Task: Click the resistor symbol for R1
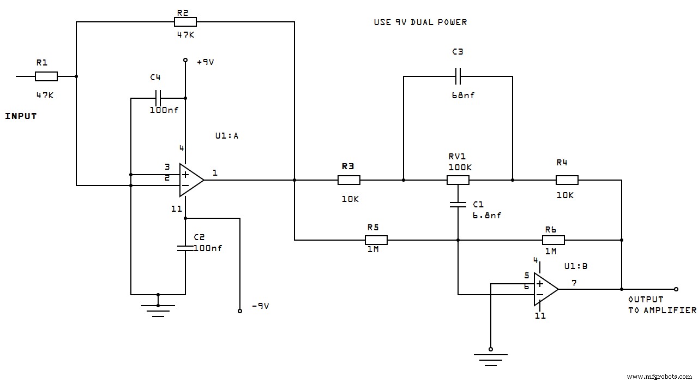tap(46, 76)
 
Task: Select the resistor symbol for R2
tap(185, 22)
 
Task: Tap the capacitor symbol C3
tap(458, 76)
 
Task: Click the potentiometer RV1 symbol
tap(458, 180)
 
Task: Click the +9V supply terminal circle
tap(185, 61)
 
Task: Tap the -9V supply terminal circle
tap(239, 311)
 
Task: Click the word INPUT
tap(21, 116)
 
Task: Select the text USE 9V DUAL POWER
tap(420, 22)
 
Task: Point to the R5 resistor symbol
tap(376, 240)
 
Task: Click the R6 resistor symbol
tap(553, 240)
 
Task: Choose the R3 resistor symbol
tap(349, 180)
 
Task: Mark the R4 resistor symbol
tap(567, 180)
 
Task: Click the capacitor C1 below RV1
tap(458, 205)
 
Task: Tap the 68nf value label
tap(463, 95)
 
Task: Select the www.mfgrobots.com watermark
tap(661, 376)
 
